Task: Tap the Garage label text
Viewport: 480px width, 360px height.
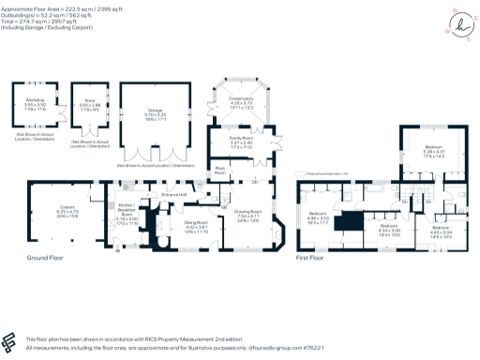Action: pyautogui.click(x=155, y=112)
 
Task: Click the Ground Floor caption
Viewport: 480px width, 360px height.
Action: pyautogui.click(x=43, y=256)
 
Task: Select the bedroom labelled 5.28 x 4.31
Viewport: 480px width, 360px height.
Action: pyautogui.click(x=433, y=150)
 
